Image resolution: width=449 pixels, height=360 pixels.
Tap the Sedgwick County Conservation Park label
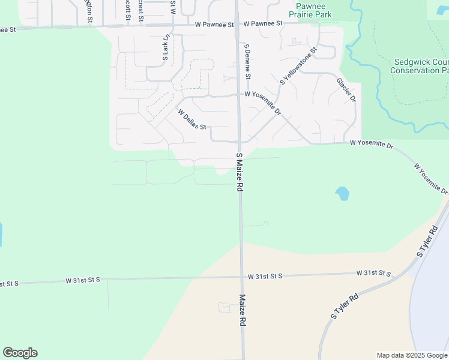[420, 66]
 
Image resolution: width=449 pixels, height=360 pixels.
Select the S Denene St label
[247, 61]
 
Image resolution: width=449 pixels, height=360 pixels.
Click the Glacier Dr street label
[346, 89]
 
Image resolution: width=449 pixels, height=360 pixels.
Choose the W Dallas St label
[192, 119]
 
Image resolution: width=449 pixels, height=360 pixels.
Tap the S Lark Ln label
[166, 48]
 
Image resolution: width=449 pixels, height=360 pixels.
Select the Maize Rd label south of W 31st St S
[243, 310]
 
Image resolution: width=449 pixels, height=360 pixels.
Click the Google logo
[20, 353]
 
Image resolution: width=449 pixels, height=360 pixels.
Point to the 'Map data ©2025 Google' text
[412, 355]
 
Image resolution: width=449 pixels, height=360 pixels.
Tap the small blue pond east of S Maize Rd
[342, 193]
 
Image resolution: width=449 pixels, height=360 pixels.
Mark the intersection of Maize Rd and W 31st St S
[241, 277]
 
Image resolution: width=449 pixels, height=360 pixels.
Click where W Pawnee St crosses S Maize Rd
[237, 25]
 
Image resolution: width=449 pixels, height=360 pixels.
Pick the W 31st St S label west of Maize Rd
[83, 280]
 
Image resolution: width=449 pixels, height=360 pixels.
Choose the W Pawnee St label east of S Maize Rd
[262, 23]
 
